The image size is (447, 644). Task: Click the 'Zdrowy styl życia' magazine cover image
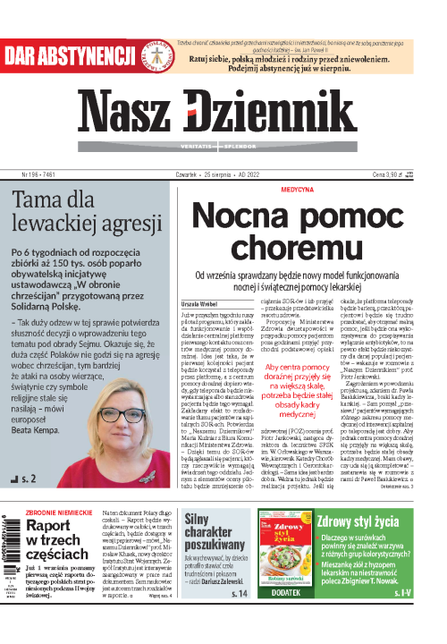286,553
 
